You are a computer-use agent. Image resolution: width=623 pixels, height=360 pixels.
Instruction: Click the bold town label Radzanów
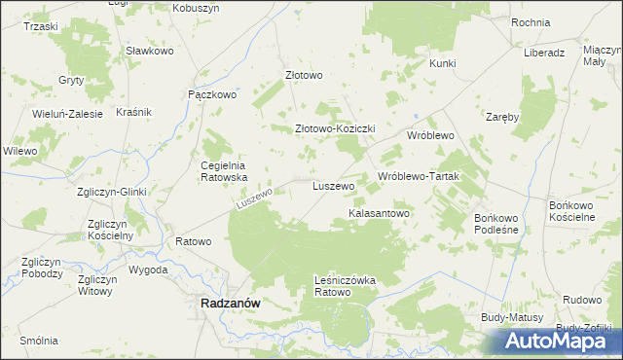click(x=230, y=303)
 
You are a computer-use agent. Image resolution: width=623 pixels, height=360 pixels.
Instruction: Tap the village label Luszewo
click(x=332, y=185)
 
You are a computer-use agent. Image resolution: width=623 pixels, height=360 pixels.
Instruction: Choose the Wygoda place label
click(x=148, y=270)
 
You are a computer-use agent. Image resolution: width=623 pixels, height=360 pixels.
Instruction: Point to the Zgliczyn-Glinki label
click(x=111, y=192)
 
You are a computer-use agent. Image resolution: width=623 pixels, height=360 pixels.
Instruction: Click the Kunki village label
click(x=442, y=63)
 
